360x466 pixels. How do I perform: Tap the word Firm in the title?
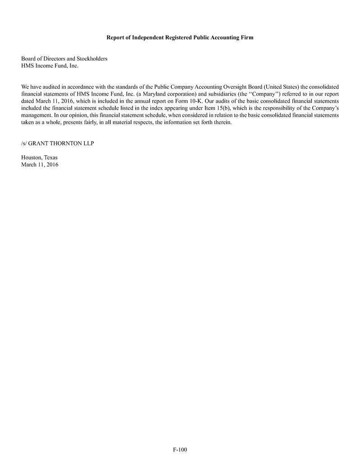pos(247,37)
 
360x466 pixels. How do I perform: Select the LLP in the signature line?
pos(89,143)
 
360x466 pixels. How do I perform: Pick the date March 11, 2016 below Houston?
pos(40,165)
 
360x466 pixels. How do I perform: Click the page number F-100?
pos(180,450)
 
